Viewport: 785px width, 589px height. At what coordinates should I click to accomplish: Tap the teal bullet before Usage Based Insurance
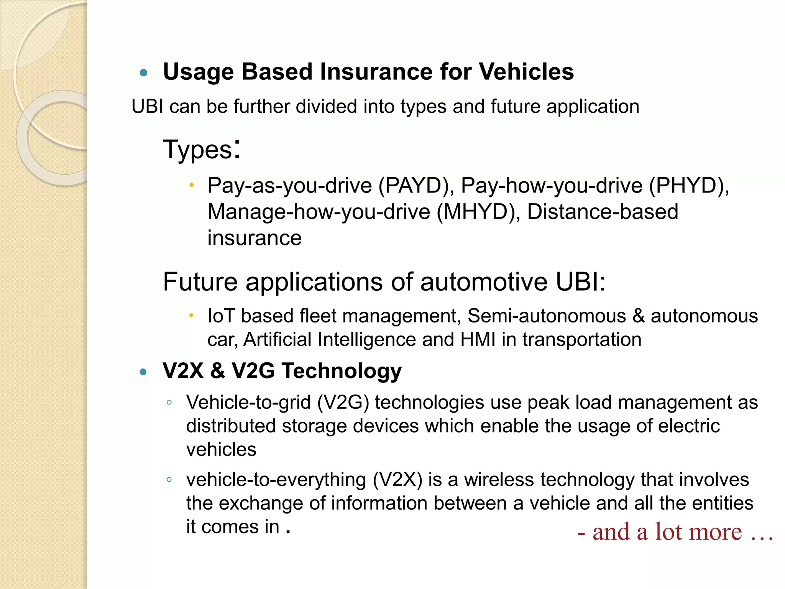coord(144,72)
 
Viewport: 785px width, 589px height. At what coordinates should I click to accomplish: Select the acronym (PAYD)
coord(416,186)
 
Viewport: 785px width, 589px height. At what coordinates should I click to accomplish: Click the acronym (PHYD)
coord(689,186)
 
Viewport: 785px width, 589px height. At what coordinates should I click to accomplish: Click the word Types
coord(198,149)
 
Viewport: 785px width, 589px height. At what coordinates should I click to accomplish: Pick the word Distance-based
coord(603,212)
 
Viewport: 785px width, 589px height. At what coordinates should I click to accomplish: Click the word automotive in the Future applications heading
coord(484,282)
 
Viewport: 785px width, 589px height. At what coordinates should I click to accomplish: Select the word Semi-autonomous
coord(547,316)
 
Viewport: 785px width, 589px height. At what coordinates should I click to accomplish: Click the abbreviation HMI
coord(478,340)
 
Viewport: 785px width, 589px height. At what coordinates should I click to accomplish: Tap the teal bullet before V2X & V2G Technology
coord(144,372)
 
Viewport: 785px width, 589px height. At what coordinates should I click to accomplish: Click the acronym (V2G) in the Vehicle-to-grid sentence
coord(343,403)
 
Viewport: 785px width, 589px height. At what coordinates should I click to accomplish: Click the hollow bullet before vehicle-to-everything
coord(169,480)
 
